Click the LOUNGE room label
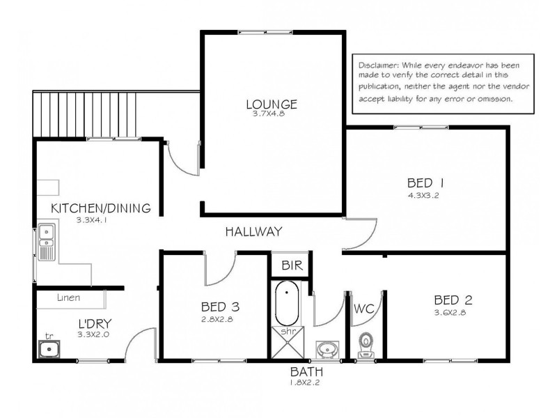point(271,104)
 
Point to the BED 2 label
point(453,300)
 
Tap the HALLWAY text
point(253,232)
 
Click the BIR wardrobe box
point(290,265)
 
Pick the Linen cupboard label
point(68,298)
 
